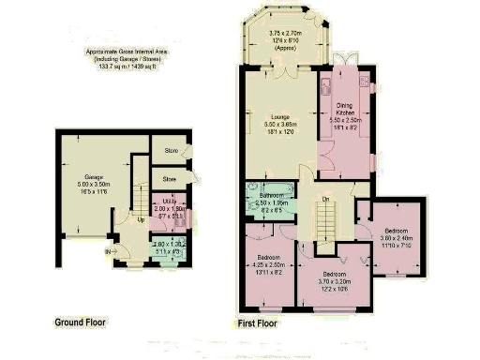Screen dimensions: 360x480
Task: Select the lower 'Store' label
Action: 170,178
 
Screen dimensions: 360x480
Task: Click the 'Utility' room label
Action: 168,202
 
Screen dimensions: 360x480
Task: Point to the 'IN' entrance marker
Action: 108,251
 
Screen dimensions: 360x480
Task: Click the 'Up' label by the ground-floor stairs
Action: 141,221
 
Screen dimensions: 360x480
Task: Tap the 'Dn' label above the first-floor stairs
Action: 324,199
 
